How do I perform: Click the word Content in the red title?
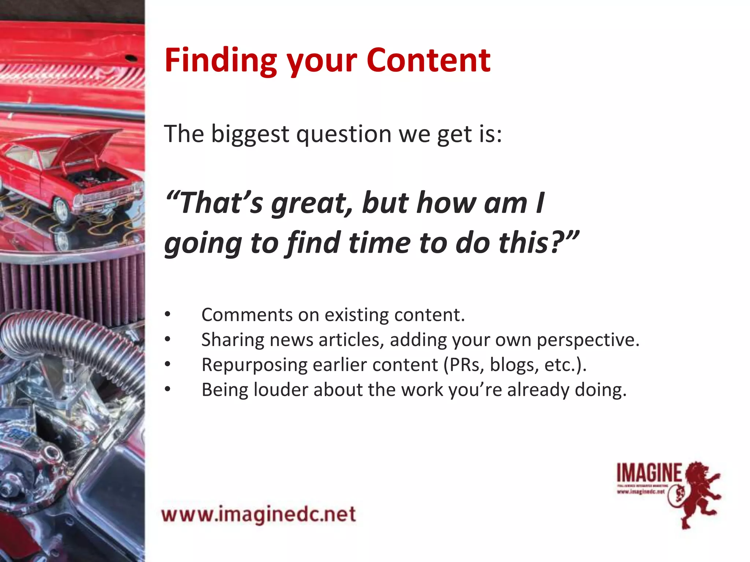click(428, 60)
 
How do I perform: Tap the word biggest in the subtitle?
click(250, 134)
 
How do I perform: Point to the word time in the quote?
click(379, 243)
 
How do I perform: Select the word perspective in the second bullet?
click(588, 340)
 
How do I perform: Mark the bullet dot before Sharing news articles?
click(167, 340)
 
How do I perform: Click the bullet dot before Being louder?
click(167, 390)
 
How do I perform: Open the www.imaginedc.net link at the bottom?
click(259, 514)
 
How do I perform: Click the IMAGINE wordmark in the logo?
click(649, 473)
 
